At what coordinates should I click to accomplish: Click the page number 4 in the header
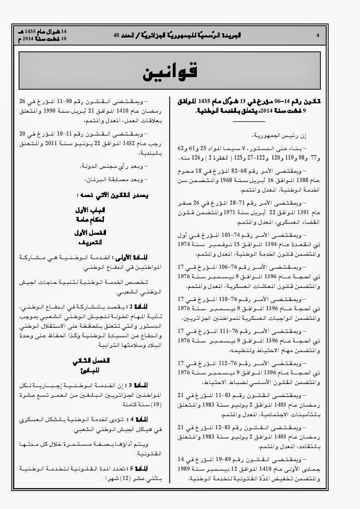[317, 35]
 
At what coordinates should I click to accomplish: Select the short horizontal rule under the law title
[249, 122]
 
